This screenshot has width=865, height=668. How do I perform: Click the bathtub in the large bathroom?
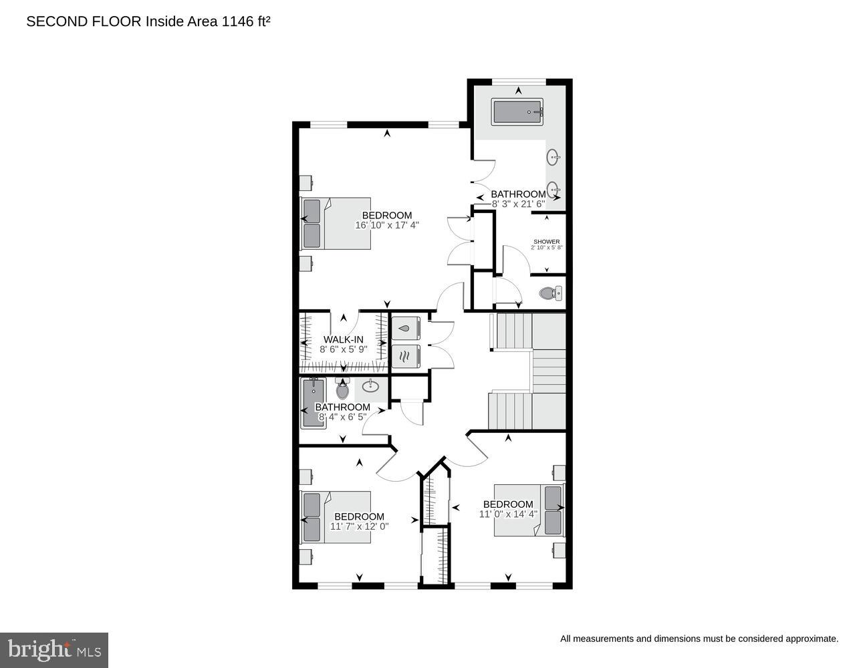coord(517,112)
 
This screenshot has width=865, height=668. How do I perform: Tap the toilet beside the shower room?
coord(550,293)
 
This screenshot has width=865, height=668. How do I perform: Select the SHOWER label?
coord(546,242)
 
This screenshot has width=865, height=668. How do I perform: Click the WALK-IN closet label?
coord(343,339)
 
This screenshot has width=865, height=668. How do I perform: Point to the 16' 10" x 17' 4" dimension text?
coord(387,225)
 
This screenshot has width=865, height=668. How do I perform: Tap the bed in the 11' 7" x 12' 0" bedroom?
coord(336,517)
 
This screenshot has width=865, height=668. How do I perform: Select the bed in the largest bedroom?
coord(336,223)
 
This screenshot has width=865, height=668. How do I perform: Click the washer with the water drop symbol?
coord(405,329)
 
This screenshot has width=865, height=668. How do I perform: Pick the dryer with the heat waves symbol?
coord(405,356)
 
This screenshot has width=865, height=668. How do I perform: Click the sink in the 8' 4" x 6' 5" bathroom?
coord(370,385)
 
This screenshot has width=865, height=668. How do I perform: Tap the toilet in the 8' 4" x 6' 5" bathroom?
coord(342,389)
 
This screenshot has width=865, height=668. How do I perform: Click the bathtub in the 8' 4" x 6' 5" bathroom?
coord(312,403)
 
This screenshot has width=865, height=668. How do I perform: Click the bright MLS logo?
coord(54,650)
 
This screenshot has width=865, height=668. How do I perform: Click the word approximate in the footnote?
coord(808,639)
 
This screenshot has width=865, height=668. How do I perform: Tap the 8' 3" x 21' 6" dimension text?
coord(519,204)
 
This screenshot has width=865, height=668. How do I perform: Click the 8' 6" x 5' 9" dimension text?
coord(343,349)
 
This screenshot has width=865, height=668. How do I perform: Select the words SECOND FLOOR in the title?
coord(84,21)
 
